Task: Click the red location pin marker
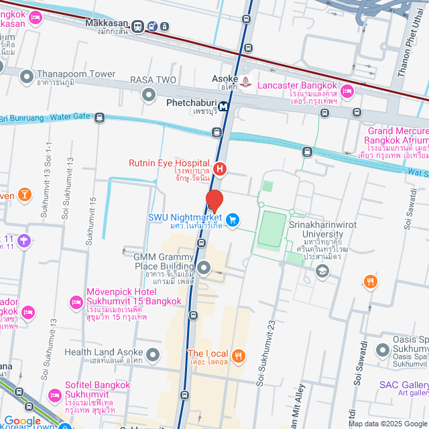point(214,201)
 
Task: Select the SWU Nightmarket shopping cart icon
point(233,219)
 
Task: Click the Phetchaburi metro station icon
point(222,105)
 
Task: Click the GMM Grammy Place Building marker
point(204,269)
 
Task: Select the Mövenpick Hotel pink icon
point(74,302)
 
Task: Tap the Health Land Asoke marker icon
point(154,354)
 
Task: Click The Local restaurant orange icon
point(239,355)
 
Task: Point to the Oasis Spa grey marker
point(383,350)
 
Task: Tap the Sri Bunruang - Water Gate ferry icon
point(99,119)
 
